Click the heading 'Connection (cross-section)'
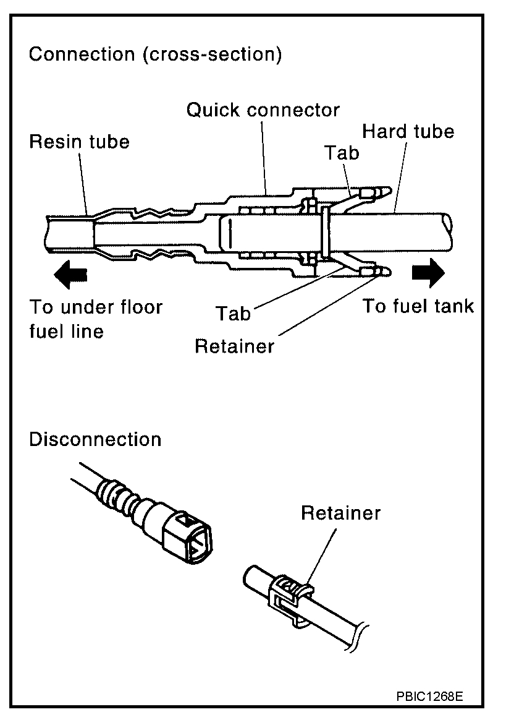click(155, 54)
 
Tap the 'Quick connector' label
click(263, 111)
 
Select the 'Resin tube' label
click(80, 142)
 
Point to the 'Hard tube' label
click(408, 131)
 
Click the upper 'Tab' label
click(342, 153)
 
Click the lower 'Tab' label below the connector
click(234, 314)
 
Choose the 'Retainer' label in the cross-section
click(234, 346)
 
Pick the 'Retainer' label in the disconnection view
click(341, 513)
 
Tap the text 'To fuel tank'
click(418, 306)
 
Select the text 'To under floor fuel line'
click(96, 319)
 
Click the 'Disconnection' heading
click(95, 440)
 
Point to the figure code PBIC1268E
click(429, 696)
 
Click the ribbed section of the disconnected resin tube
click(121, 497)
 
